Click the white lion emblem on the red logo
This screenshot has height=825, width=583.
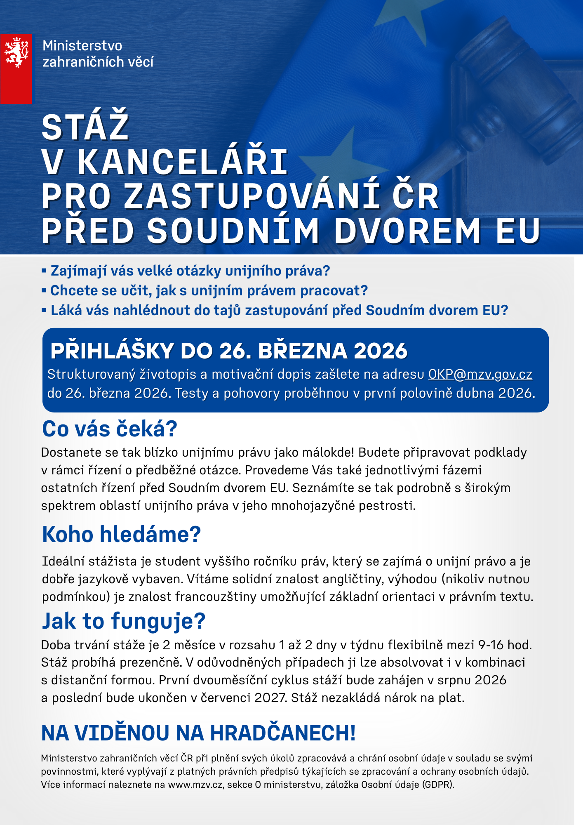[x=16, y=52]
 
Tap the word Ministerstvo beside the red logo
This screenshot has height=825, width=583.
[x=82, y=46]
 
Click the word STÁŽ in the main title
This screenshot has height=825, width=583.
[x=86, y=127]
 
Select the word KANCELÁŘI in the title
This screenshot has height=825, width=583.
[x=183, y=162]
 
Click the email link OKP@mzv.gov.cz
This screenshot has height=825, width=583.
[x=480, y=374]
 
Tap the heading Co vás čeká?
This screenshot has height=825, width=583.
[x=110, y=429]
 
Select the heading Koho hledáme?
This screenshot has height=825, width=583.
[x=122, y=535]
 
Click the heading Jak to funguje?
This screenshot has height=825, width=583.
[x=124, y=621]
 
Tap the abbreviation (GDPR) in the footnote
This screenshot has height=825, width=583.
[x=438, y=785]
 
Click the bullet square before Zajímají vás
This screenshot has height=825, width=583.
[x=44, y=271]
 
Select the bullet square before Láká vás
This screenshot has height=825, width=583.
[x=44, y=310]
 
